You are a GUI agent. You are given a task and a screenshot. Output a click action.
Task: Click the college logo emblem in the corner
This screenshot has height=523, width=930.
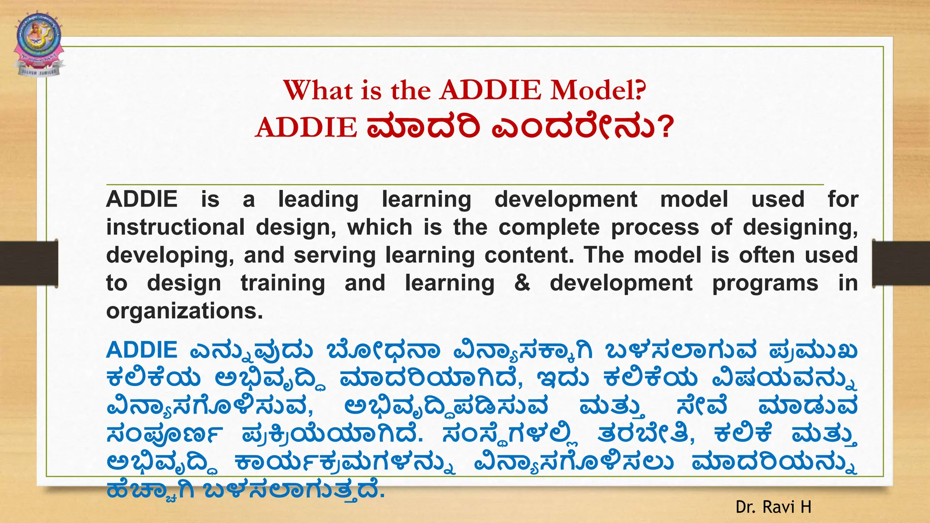click(39, 44)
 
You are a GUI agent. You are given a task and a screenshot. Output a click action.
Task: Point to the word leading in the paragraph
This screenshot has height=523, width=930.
click(318, 200)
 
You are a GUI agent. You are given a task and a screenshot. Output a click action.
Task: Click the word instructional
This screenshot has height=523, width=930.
click(175, 227)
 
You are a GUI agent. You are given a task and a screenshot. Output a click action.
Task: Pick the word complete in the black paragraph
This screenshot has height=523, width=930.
click(549, 227)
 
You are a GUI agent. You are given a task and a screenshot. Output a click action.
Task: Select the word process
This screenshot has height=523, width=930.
click(655, 227)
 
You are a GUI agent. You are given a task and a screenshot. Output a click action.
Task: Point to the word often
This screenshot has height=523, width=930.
click(767, 255)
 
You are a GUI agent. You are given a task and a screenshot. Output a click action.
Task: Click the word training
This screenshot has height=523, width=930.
click(282, 284)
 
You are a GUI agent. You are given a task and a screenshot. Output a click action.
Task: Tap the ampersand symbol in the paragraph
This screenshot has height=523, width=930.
click(522, 283)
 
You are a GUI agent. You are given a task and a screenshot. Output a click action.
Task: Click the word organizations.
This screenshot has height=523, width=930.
click(184, 311)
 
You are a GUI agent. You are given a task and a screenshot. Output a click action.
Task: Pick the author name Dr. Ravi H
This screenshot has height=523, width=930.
click(773, 507)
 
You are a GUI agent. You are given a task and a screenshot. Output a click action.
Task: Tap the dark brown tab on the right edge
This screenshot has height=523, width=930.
click(901, 263)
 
